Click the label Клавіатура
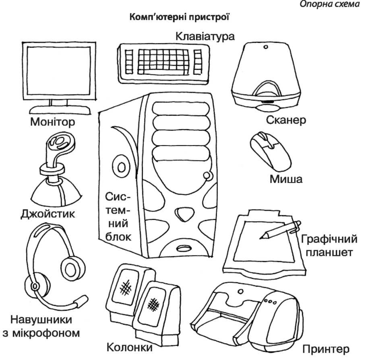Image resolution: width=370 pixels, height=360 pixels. (x=205, y=36)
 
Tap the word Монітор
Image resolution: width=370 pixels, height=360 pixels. (x=52, y=121)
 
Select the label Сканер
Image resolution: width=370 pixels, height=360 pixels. (x=287, y=120)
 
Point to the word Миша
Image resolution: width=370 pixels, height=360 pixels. (x=286, y=179)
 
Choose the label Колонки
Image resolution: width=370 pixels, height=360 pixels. (x=130, y=347)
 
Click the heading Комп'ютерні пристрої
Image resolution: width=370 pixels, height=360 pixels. (x=180, y=18)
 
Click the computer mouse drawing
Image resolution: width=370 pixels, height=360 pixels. (x=270, y=151)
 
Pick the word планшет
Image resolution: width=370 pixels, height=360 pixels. (x=330, y=253)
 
